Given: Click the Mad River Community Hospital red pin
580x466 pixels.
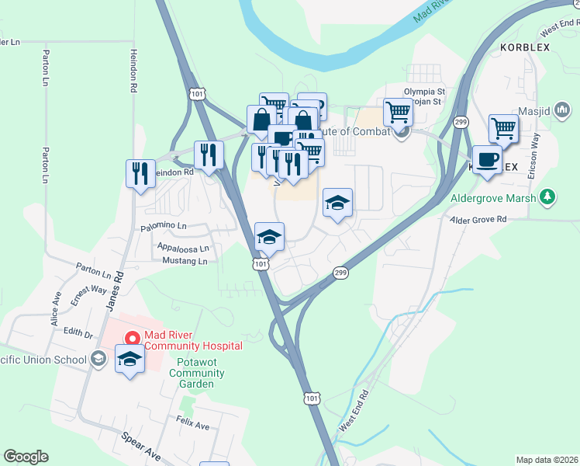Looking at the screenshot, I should [x=132, y=339].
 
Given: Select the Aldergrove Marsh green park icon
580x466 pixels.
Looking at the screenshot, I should [x=547, y=196].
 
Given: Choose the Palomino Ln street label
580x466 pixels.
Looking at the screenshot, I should [x=164, y=227].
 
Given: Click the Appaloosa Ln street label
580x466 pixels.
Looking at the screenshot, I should [x=183, y=249].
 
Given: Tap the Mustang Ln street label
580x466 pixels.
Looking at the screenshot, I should [x=183, y=262].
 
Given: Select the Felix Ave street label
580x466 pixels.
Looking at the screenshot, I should [x=193, y=426].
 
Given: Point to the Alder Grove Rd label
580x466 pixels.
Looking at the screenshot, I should [x=480, y=221].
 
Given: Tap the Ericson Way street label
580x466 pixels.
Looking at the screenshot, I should [x=533, y=156].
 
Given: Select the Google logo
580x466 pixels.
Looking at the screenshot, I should [x=26, y=457].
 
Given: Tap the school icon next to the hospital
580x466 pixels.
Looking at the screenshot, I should [x=130, y=359].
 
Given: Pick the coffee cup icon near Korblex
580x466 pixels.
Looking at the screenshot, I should [x=486, y=160].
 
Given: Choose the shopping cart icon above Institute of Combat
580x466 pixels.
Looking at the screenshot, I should [x=398, y=112].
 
